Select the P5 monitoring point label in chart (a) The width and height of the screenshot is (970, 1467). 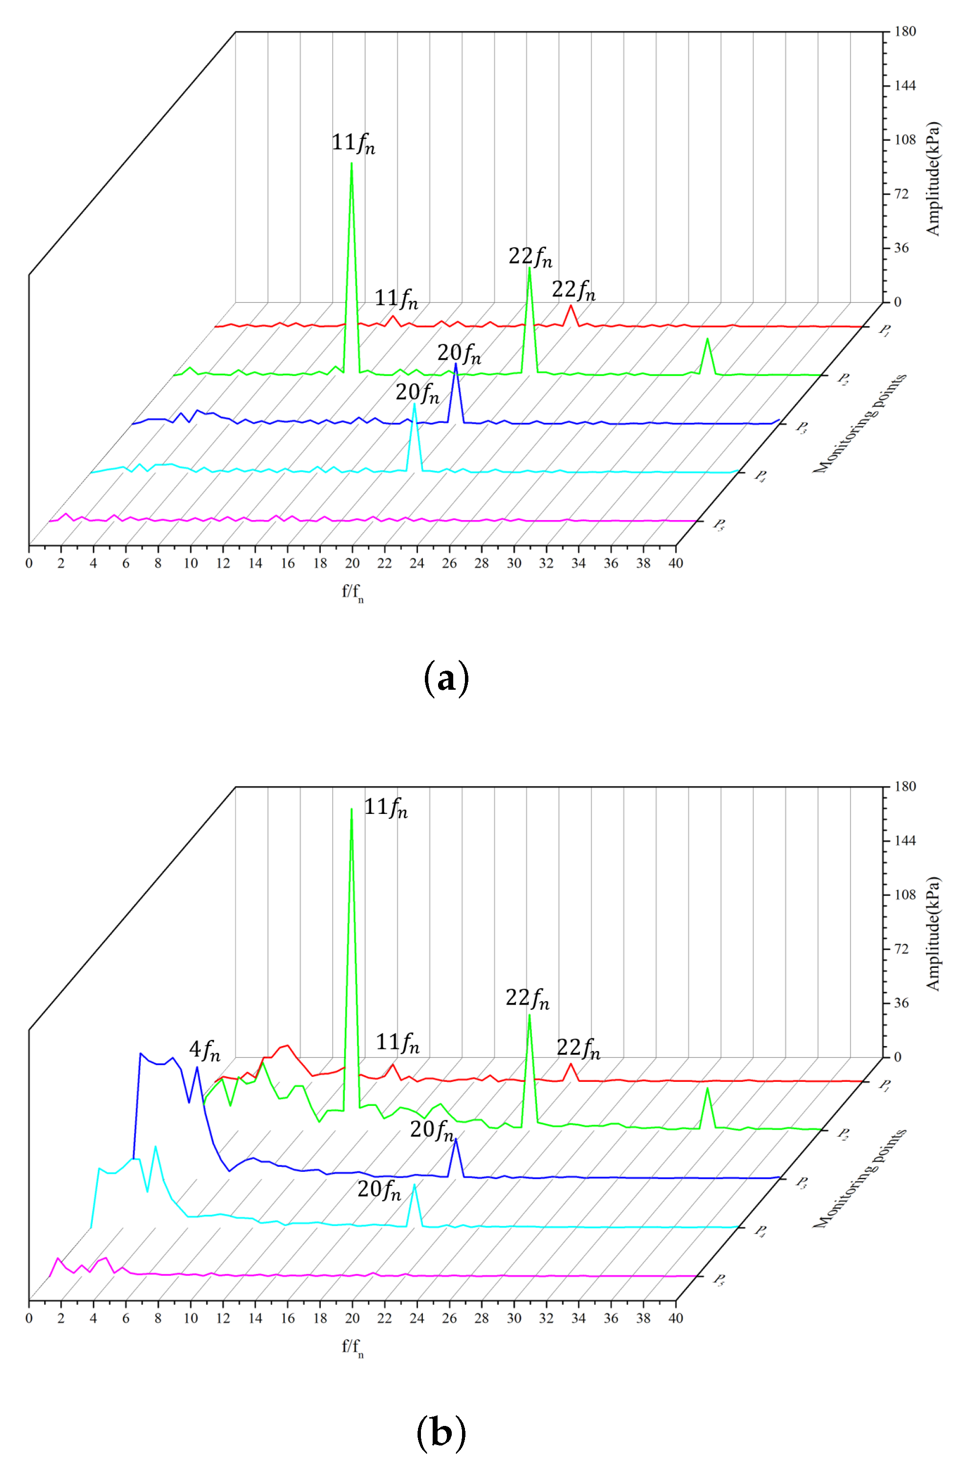click(x=719, y=525)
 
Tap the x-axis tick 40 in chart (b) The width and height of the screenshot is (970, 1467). click(x=676, y=1318)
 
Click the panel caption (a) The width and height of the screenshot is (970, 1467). click(x=446, y=679)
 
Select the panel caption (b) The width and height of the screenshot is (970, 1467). click(x=441, y=1432)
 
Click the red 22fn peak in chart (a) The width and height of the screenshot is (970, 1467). click(x=571, y=306)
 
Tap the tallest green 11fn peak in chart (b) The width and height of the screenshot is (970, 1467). click(x=352, y=809)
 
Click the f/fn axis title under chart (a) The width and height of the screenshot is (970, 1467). click(x=353, y=592)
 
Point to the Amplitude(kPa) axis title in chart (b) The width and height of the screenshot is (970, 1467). click(x=932, y=934)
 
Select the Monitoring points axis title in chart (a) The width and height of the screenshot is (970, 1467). click(x=860, y=424)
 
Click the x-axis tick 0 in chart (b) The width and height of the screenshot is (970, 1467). click(x=29, y=1318)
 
